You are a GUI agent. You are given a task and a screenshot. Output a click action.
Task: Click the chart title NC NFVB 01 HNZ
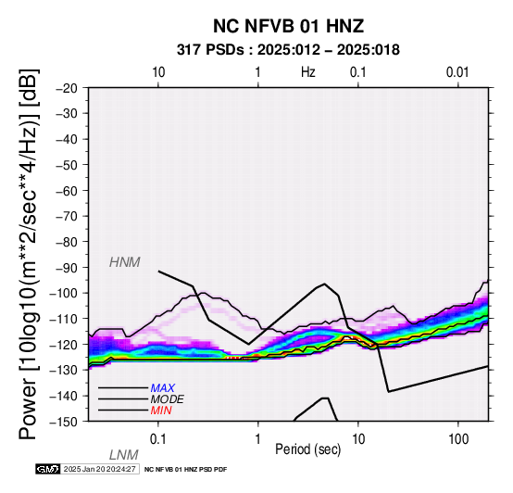tap(288, 26)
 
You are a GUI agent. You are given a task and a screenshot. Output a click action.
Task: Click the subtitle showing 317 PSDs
tap(288, 50)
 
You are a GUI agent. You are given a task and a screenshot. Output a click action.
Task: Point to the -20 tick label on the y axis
tap(67, 88)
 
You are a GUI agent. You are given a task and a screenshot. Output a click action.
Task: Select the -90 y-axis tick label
tap(67, 268)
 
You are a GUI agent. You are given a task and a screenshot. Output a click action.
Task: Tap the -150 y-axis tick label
tap(63, 422)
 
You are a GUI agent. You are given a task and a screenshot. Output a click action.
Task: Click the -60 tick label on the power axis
tap(67, 191)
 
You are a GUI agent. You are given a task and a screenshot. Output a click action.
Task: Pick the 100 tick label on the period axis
tap(458, 439)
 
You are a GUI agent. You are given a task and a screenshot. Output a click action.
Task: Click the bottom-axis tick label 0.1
tap(158, 439)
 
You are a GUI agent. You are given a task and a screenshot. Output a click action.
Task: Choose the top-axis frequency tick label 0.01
tap(457, 72)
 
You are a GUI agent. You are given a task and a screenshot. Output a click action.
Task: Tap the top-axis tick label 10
tap(158, 72)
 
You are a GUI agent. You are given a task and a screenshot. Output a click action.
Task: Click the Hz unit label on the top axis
tap(307, 72)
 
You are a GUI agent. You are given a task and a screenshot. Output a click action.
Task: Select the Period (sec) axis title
tap(307, 449)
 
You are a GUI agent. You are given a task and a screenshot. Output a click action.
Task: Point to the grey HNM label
tap(125, 262)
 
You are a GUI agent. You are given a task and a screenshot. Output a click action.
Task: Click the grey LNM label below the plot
tap(124, 455)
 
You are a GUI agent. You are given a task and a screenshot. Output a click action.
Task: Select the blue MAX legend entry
tap(163, 388)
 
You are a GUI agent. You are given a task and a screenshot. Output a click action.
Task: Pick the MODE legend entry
tap(168, 399)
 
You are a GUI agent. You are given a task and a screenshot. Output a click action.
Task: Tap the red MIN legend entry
tap(161, 411)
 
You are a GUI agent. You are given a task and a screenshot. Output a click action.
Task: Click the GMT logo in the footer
tap(48, 469)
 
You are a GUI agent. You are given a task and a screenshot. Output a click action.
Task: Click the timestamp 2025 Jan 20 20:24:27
tap(99, 469)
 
